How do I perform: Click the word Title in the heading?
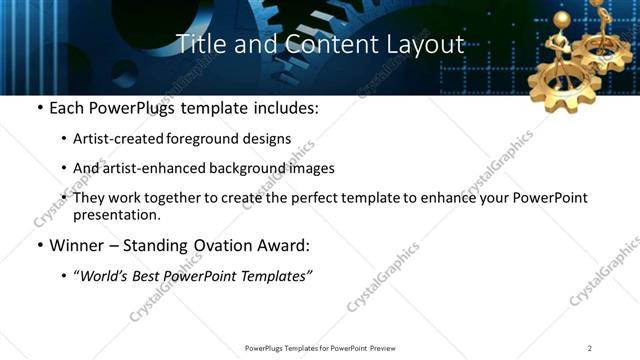[197, 44]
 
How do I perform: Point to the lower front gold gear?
[564, 76]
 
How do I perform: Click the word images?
[313, 168]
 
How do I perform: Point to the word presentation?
[117, 214]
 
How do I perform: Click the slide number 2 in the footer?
[590, 348]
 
